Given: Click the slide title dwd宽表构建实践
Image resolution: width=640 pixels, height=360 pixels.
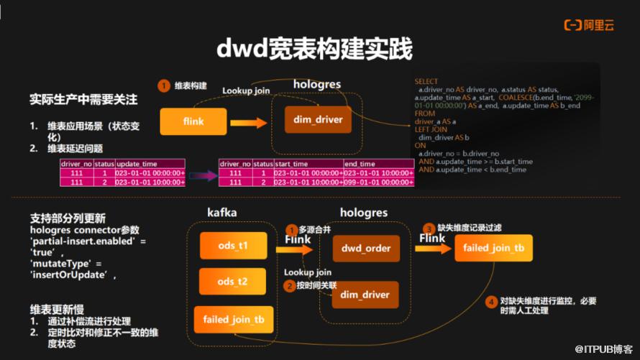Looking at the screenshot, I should click(315, 49).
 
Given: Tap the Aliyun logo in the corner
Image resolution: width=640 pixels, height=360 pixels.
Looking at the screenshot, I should click(588, 25).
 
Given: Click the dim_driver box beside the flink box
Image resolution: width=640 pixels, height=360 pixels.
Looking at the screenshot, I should click(318, 119).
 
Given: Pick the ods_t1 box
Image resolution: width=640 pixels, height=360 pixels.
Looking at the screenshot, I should click(232, 246).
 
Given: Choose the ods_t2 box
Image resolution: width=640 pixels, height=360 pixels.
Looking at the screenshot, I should click(232, 281).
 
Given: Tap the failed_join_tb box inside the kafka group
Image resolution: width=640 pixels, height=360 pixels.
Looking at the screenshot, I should click(232, 319).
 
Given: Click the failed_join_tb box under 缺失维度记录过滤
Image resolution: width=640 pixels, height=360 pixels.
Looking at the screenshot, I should click(493, 248).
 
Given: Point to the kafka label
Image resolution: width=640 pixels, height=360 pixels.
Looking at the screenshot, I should click(221, 213).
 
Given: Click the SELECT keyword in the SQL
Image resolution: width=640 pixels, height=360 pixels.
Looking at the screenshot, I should click(426, 82).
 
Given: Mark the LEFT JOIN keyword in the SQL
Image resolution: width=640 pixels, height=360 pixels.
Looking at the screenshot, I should click(431, 129).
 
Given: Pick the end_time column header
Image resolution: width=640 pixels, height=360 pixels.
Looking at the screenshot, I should click(360, 164).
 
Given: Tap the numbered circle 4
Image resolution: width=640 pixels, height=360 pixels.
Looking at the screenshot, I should click(491, 301).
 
